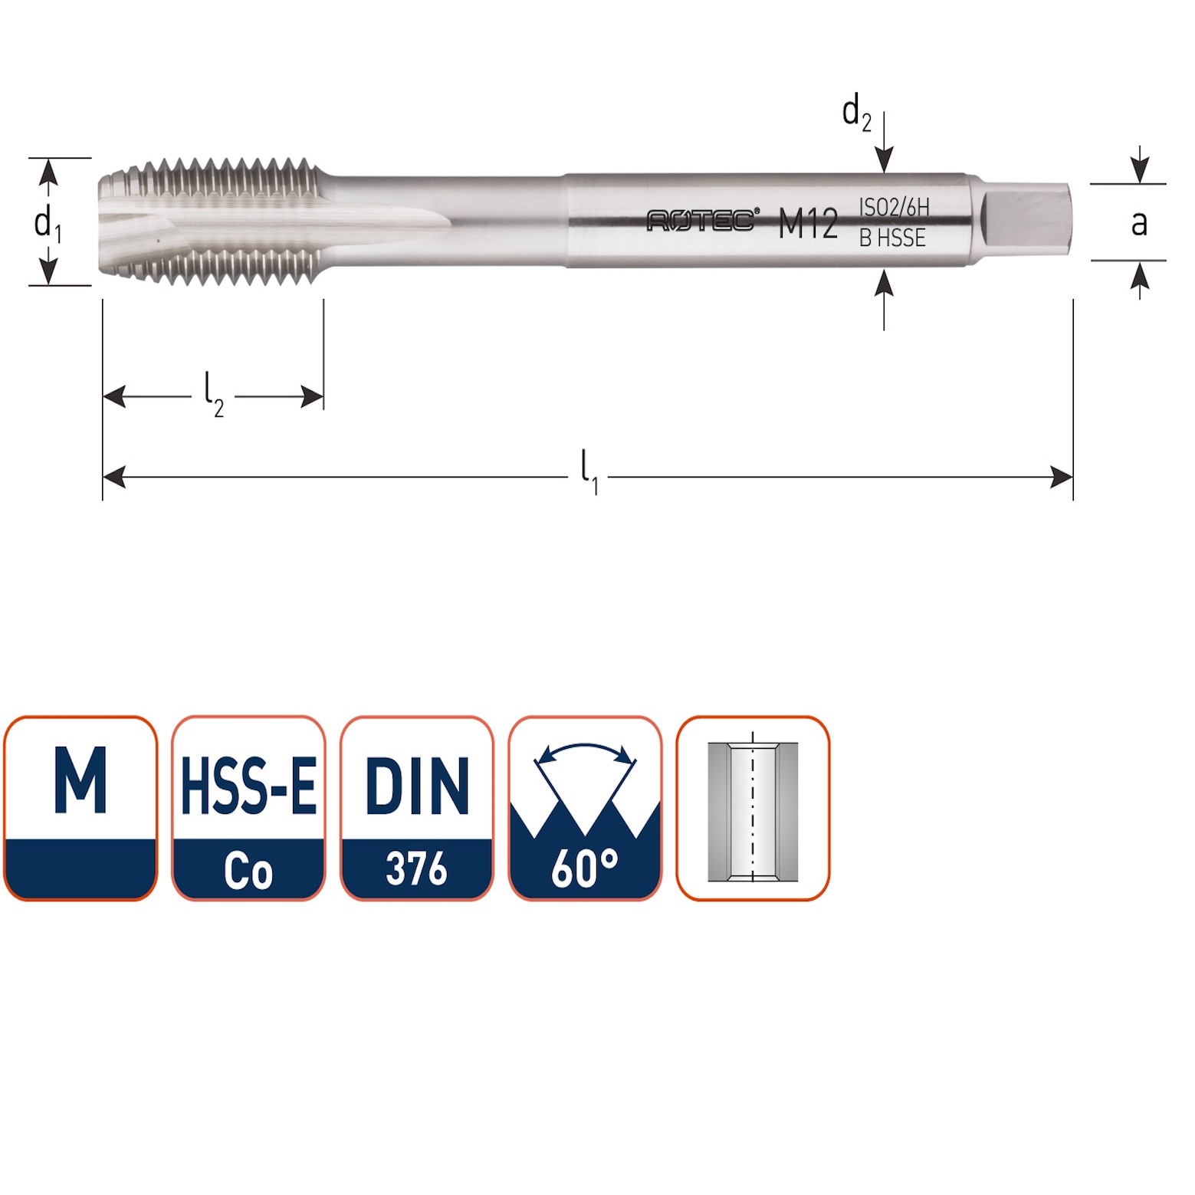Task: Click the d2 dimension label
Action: click(x=856, y=113)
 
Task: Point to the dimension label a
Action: click(x=1139, y=223)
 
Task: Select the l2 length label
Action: click(x=213, y=394)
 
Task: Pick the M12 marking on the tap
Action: click(x=808, y=224)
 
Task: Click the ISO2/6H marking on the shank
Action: click(x=894, y=207)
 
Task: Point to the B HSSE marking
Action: click(x=892, y=238)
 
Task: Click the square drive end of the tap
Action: click(x=1026, y=222)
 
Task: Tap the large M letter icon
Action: click(x=80, y=781)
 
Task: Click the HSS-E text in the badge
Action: click(x=248, y=785)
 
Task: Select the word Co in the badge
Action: click(x=248, y=871)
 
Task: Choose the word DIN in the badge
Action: click(x=417, y=785)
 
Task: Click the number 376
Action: click(x=416, y=869)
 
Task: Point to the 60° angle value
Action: click(x=585, y=868)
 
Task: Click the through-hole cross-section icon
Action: click(x=753, y=809)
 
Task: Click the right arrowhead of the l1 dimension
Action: click(x=1062, y=477)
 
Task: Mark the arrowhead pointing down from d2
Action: click(x=884, y=162)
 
